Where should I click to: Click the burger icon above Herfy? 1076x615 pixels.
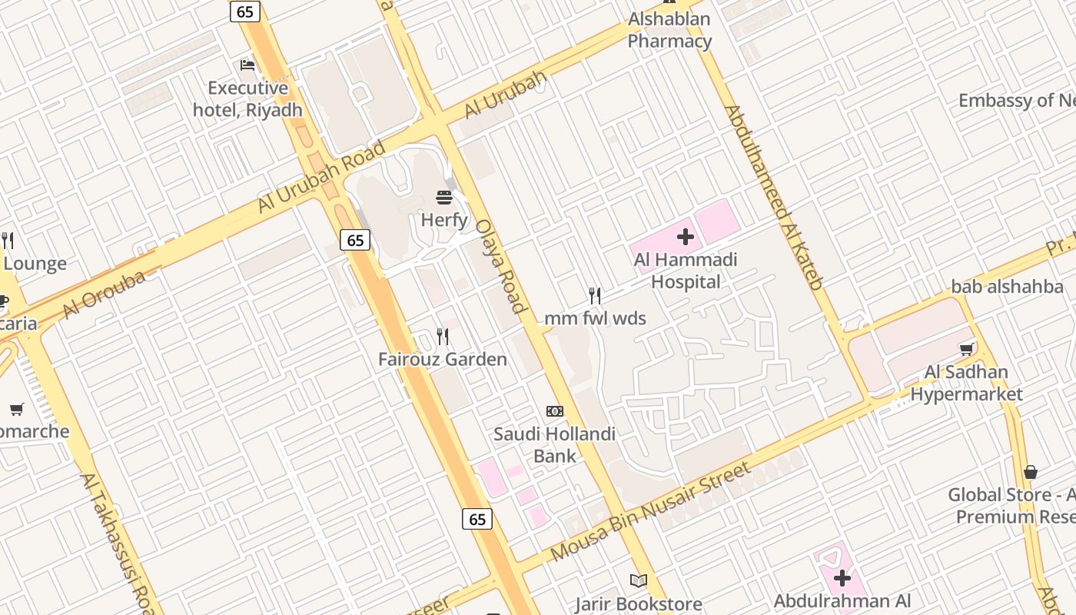click(x=444, y=198)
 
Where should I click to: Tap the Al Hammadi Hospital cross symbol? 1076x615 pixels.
click(x=686, y=237)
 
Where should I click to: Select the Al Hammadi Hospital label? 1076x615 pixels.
click(x=686, y=271)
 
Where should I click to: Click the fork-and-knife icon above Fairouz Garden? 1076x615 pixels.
click(x=443, y=337)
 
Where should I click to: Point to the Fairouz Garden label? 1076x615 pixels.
click(x=443, y=359)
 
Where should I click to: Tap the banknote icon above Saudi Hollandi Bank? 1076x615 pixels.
click(x=555, y=411)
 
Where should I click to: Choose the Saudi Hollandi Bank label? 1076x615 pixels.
click(x=555, y=445)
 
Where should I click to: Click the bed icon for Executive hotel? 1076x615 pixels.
click(x=247, y=65)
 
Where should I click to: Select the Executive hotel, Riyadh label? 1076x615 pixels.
click(x=247, y=99)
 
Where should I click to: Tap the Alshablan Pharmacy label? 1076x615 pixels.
click(x=669, y=30)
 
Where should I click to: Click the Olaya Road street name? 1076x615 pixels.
click(x=500, y=266)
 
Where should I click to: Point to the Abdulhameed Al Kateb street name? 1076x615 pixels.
click(x=775, y=197)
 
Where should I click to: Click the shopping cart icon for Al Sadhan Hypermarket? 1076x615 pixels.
click(x=967, y=349)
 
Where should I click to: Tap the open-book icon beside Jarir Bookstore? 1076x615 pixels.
click(x=639, y=580)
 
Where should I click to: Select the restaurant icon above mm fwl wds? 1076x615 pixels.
click(x=594, y=296)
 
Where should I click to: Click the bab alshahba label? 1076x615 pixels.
click(x=1007, y=287)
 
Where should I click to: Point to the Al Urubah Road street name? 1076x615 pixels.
click(x=321, y=177)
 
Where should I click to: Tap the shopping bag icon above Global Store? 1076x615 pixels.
click(x=1031, y=472)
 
